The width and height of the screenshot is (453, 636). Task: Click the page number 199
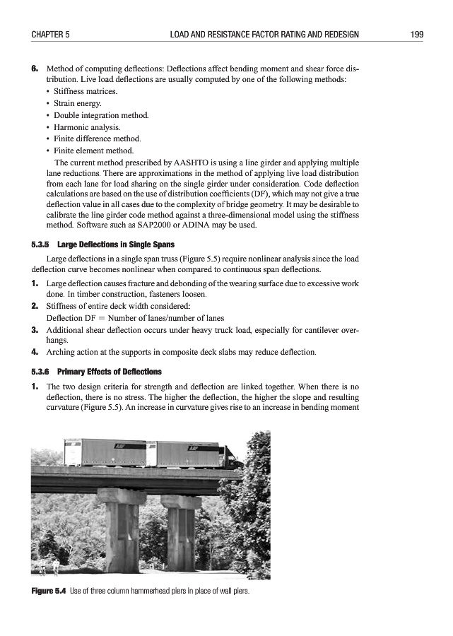point(416,34)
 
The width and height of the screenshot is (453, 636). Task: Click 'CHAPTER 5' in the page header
point(50,34)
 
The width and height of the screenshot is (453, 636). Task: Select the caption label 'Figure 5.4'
point(49,591)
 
